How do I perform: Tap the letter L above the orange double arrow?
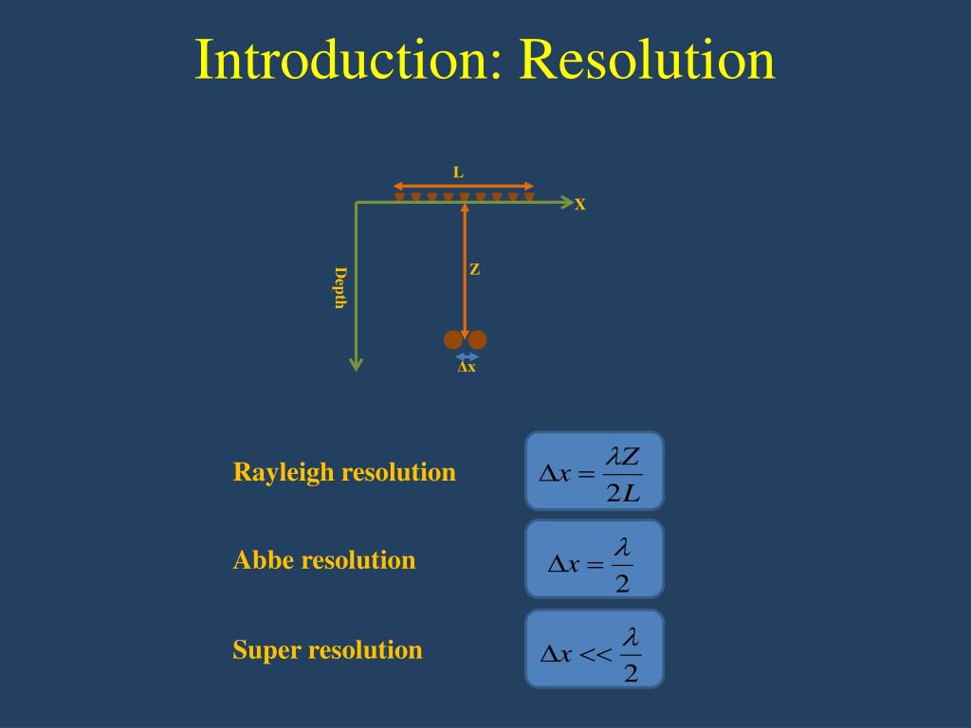(458, 173)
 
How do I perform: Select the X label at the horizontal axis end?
(580, 205)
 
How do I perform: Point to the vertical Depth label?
(339, 287)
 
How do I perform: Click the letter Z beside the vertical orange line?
(474, 270)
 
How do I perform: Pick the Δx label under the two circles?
(467, 368)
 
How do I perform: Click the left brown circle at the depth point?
(454, 339)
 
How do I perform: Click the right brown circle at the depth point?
(478, 339)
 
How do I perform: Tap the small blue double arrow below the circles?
(467, 356)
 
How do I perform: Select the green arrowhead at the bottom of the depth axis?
(357, 364)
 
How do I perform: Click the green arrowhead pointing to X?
(568, 202)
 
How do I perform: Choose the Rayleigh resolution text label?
(344, 472)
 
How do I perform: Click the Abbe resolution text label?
(324, 560)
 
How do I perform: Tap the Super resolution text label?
(327, 650)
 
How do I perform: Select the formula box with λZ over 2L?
(595, 471)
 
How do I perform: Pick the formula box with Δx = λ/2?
(595, 559)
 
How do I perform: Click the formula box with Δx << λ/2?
(595, 648)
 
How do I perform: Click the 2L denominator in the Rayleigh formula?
(623, 493)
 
